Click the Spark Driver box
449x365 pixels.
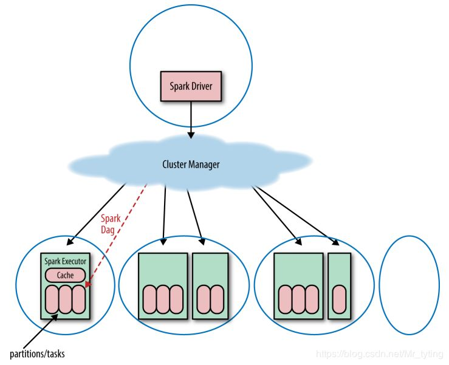pyautogui.click(x=191, y=87)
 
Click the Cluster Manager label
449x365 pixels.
pyautogui.click(x=191, y=164)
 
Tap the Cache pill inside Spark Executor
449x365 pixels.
pyautogui.click(x=65, y=275)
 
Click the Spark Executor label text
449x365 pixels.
pyautogui.click(x=66, y=261)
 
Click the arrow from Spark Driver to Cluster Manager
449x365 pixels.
pyautogui.click(x=191, y=118)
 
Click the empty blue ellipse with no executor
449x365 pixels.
pyautogui.click(x=409, y=285)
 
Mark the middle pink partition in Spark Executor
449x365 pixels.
pyautogui.click(x=65, y=299)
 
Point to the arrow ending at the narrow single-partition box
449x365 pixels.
pyautogui.click(x=298, y=215)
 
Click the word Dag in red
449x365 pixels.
pyautogui.click(x=108, y=229)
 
